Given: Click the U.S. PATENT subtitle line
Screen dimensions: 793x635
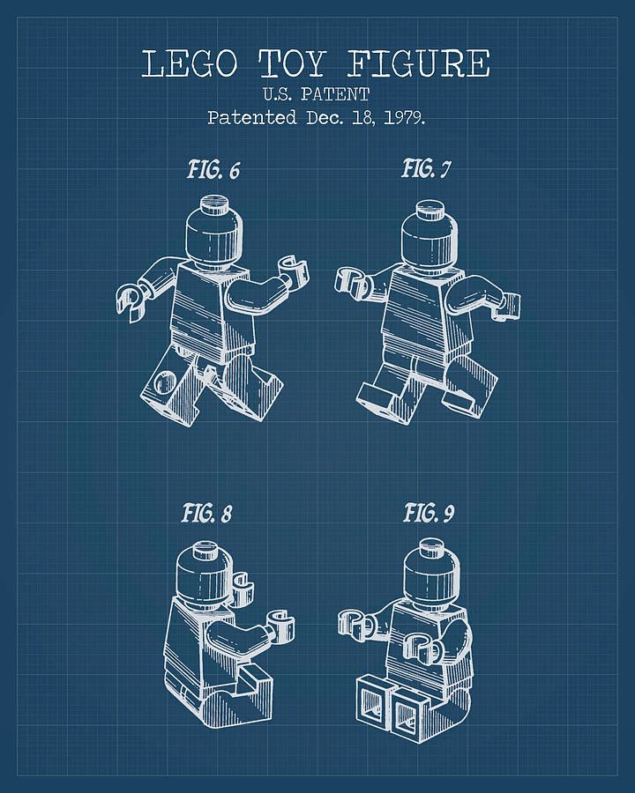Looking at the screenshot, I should pyautogui.click(x=317, y=93).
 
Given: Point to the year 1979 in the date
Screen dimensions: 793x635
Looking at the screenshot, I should pyautogui.click(x=403, y=117).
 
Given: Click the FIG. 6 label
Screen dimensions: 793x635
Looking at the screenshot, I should pyautogui.click(x=213, y=169).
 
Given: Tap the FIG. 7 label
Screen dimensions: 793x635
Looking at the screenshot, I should pyautogui.click(x=426, y=168).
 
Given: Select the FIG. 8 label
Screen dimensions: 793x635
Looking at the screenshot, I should pyautogui.click(x=206, y=513).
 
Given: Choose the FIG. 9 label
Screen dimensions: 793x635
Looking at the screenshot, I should pyautogui.click(x=430, y=512).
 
